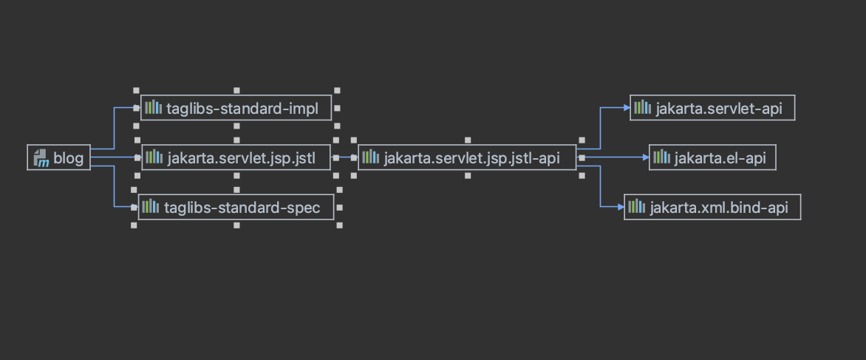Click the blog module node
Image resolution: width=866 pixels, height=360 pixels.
(x=59, y=157)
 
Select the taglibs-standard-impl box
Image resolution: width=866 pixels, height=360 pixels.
(x=236, y=109)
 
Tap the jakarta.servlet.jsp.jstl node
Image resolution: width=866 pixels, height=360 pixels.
(x=236, y=157)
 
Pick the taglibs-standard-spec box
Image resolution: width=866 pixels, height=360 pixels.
(x=236, y=207)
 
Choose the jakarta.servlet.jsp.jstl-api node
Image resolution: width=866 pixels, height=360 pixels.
(x=467, y=157)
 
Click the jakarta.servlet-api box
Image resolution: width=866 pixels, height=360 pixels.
(x=712, y=108)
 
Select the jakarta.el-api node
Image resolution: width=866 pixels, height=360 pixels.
(x=712, y=157)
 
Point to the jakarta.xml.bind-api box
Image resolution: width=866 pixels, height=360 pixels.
(x=712, y=208)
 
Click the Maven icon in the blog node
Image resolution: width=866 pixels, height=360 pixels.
(x=41, y=157)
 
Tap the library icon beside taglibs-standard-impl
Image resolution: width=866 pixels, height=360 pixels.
(x=153, y=109)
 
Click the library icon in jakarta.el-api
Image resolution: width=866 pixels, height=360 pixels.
(x=661, y=157)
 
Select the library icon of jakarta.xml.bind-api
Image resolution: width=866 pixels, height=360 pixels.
(x=636, y=208)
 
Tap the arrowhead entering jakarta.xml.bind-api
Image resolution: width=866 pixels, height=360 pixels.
(x=620, y=208)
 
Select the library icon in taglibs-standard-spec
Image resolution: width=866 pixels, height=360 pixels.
(x=151, y=207)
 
